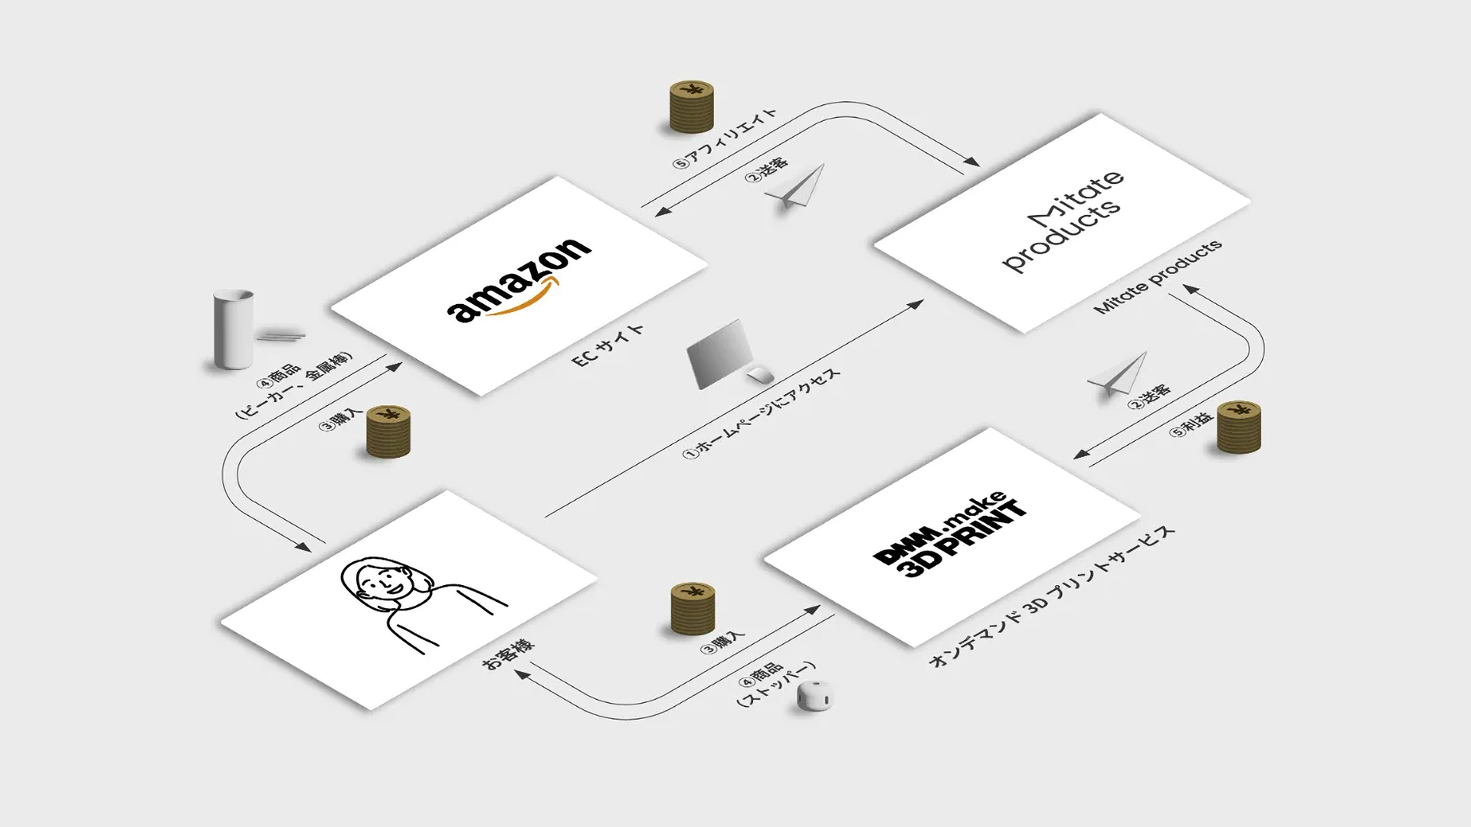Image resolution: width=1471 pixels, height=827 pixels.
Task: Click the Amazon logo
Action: tap(518, 281)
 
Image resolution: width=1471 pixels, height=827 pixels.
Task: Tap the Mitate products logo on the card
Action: tap(1063, 221)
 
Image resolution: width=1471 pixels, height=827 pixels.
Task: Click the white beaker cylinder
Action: tap(233, 329)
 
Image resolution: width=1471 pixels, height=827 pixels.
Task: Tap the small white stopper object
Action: tap(814, 696)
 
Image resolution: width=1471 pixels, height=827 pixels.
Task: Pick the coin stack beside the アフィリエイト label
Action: tap(691, 107)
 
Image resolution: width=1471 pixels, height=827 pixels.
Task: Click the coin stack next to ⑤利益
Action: tap(1238, 427)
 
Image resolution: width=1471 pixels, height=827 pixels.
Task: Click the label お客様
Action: tap(508, 655)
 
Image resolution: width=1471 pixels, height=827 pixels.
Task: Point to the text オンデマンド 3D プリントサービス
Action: tap(1051, 597)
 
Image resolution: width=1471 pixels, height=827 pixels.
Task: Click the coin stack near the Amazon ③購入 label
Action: tap(388, 432)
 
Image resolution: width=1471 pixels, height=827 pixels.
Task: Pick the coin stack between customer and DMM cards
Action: tap(693, 608)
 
